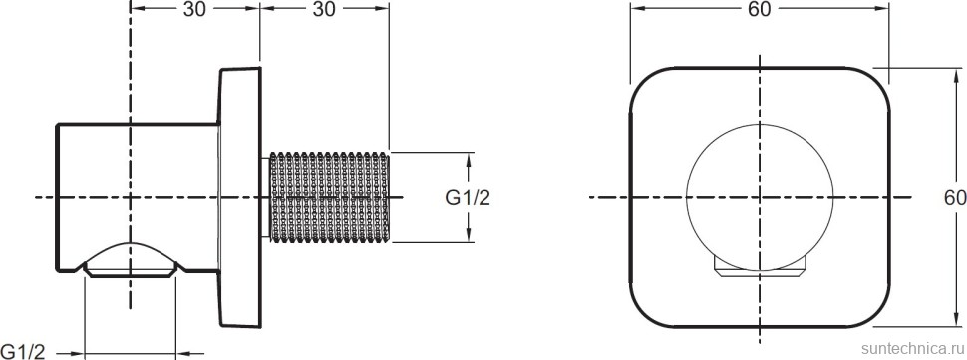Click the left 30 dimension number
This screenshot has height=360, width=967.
(x=194, y=9)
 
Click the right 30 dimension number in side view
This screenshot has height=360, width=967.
(x=324, y=9)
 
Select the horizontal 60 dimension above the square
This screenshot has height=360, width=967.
(x=760, y=9)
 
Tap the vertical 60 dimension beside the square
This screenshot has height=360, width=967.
(x=955, y=197)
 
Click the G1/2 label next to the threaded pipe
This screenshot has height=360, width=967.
(x=469, y=197)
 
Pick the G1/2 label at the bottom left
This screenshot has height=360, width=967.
(x=23, y=352)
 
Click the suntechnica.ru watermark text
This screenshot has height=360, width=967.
(x=913, y=348)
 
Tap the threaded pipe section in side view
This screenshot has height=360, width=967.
(x=329, y=197)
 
